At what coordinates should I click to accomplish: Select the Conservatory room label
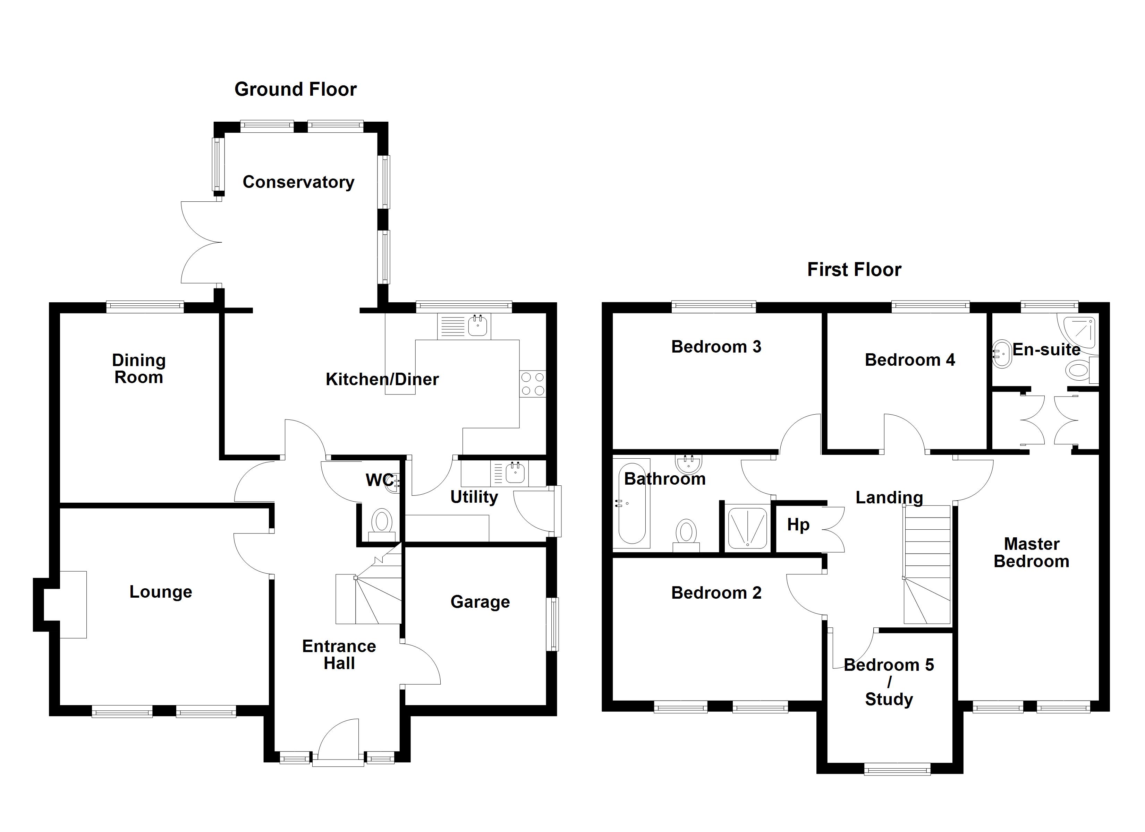298,182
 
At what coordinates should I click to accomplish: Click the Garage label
480,602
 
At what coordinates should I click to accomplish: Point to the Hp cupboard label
798,525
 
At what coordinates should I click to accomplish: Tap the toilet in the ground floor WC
382,524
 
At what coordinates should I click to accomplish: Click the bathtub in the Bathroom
631,503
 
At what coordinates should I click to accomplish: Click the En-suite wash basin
1002,355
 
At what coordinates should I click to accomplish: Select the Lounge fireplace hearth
73,605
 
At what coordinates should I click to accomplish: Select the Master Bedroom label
1032,553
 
